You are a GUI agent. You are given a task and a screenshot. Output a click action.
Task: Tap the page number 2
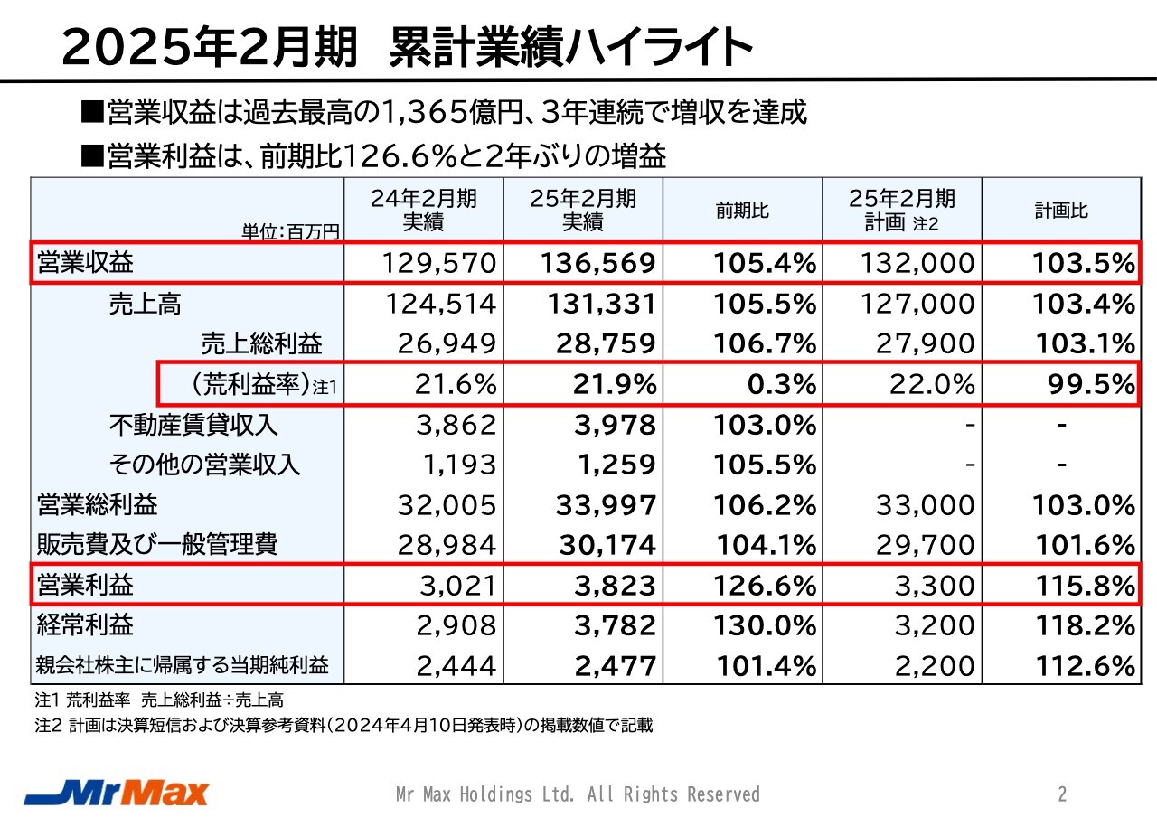(1062, 794)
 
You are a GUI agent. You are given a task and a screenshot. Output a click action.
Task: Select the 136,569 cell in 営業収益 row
(597, 264)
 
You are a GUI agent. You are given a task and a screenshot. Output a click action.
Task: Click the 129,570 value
(439, 264)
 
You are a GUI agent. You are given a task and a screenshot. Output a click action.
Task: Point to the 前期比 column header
(742, 211)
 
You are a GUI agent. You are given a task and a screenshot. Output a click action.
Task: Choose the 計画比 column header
(1061, 211)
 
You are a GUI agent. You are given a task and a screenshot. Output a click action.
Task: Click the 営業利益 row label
(85, 585)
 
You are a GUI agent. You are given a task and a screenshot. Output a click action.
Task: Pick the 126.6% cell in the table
(765, 586)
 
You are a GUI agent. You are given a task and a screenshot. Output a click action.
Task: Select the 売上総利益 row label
(260, 343)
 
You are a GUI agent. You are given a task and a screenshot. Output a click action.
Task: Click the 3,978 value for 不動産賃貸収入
(615, 425)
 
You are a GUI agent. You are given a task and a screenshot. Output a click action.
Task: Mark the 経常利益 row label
(85, 625)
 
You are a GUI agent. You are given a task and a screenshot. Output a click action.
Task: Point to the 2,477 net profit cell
(615, 666)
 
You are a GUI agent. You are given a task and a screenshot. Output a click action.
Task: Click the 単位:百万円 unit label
(289, 232)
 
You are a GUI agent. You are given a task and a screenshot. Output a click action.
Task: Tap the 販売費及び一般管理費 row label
(156, 545)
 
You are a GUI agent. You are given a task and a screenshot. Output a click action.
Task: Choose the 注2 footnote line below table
(343, 725)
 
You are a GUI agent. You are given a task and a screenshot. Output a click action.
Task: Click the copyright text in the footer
(578, 794)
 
